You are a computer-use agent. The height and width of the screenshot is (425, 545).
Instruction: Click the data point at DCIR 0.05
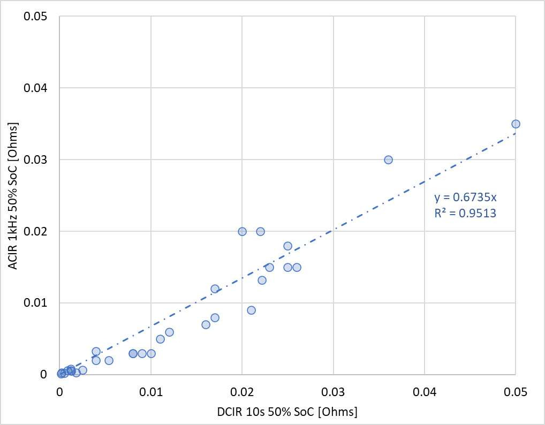[516, 124]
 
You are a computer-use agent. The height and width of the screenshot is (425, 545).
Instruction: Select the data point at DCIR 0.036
[388, 160]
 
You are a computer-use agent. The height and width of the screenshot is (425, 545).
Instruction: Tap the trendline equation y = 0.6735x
[465, 198]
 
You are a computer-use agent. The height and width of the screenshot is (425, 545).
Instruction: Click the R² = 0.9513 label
[465, 212]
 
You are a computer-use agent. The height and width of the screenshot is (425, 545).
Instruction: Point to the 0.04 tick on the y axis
[35, 88]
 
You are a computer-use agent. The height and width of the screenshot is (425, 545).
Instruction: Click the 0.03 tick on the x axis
[333, 392]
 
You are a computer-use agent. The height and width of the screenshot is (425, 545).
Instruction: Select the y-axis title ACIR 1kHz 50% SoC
[13, 196]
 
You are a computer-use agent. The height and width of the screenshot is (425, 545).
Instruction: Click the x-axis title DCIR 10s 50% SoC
[287, 412]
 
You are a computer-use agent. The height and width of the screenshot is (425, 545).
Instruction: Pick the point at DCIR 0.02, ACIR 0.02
[243, 231]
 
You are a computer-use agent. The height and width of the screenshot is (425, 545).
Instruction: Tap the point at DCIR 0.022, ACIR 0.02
[260, 231]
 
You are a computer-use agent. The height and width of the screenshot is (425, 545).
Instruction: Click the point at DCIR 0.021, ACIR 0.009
[251, 310]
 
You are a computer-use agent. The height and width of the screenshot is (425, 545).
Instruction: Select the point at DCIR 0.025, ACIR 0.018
[287, 246]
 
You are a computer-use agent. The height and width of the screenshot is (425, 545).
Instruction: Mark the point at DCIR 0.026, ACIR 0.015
[297, 268]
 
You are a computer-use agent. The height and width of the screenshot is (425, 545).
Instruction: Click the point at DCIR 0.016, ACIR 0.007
[206, 324]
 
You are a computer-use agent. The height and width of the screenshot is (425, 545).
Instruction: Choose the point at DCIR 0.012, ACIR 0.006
[169, 332]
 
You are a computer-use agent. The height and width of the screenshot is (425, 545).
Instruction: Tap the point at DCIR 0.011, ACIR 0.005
[160, 339]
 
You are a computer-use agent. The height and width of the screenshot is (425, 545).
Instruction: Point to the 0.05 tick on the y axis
[35, 17]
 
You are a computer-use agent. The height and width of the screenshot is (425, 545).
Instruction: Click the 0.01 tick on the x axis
[151, 392]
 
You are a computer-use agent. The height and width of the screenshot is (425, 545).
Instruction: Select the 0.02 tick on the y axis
[35, 231]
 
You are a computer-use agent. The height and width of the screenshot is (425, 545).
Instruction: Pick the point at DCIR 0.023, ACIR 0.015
[269, 268]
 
